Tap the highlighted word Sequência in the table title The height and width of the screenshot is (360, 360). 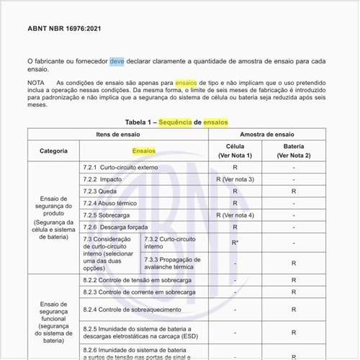coord(179,122)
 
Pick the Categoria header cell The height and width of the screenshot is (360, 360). coord(54,151)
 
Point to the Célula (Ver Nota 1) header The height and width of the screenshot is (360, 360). coord(235,151)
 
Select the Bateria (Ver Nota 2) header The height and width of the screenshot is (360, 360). coord(294,151)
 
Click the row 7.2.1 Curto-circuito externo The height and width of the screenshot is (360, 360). coord(121,167)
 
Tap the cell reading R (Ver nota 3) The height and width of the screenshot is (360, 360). coord(235,179)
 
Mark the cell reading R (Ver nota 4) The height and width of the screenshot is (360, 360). coord(235,215)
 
